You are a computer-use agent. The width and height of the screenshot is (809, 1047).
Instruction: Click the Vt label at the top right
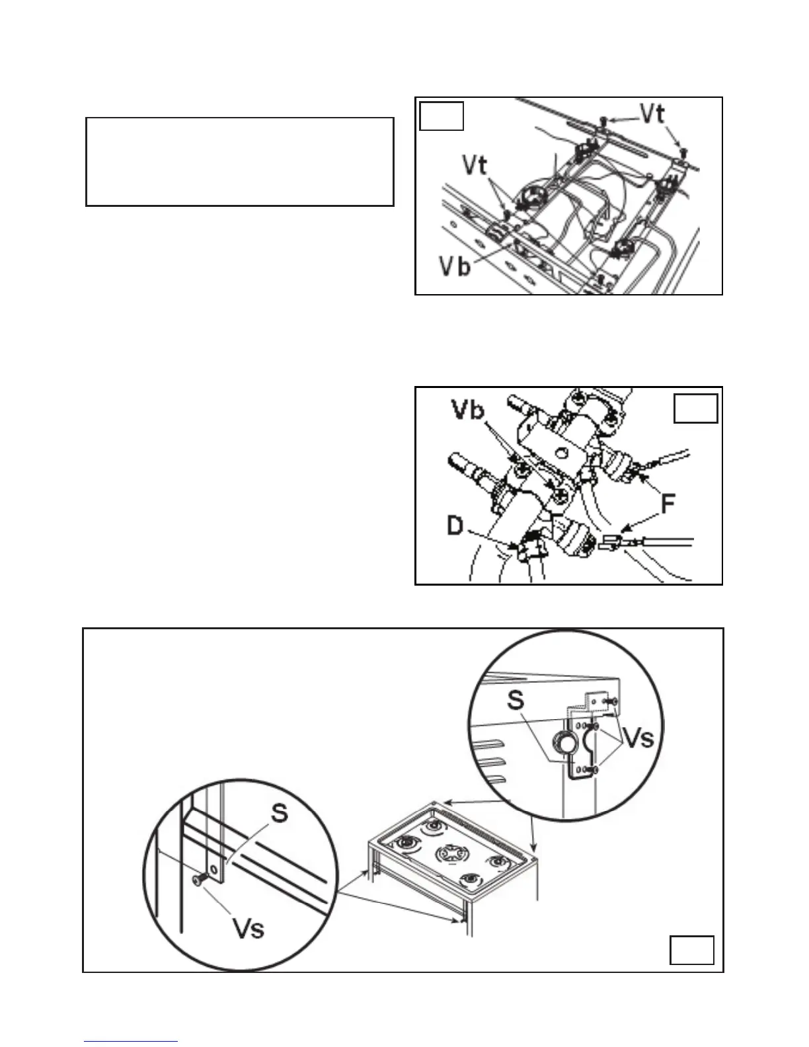pos(652,114)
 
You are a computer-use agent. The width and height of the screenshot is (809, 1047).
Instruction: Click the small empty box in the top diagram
pos(442,116)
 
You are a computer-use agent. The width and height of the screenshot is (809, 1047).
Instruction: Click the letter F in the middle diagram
pos(668,504)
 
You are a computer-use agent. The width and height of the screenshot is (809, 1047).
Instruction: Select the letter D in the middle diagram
pos(455,527)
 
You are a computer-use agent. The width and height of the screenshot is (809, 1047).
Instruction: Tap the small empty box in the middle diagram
pos(695,408)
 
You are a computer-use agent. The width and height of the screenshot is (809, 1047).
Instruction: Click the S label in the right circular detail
pos(517,700)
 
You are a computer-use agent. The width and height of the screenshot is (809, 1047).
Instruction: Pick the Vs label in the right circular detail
pos(638,738)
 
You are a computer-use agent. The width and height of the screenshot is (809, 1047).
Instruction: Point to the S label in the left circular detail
pos(280,812)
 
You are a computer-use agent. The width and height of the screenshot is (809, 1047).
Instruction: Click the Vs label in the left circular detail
pos(249,928)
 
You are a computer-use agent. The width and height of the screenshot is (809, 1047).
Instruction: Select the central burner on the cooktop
pos(450,855)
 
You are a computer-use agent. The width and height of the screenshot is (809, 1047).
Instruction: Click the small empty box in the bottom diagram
pos(692,950)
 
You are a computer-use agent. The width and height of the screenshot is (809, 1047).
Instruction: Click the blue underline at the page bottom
pos(130,1042)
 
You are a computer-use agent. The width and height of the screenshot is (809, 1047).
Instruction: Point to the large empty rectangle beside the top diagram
pos(240,162)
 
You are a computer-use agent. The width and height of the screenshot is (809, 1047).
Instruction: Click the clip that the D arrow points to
pos(531,547)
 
